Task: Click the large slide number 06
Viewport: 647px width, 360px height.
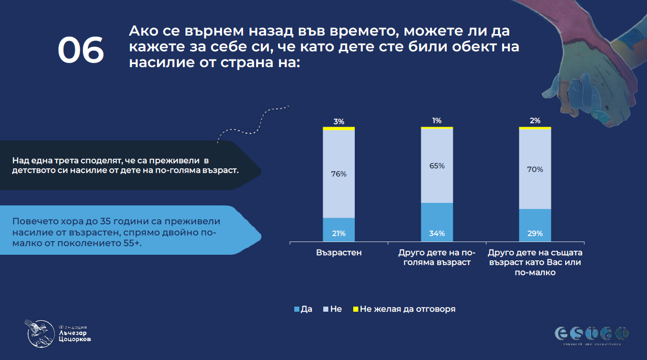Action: click(80, 50)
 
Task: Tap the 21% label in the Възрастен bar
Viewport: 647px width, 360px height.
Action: click(339, 233)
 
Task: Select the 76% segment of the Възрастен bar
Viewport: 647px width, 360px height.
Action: click(339, 174)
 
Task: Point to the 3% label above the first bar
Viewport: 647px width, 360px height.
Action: click(339, 122)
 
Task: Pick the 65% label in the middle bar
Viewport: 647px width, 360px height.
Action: click(437, 166)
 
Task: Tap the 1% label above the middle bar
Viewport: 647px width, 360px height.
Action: click(437, 121)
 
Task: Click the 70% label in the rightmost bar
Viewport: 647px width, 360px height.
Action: click(535, 169)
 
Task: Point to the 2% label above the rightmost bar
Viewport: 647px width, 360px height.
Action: click(535, 121)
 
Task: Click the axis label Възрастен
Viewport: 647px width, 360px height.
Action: click(338, 252)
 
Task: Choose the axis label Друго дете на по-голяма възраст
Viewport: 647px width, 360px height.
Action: click(437, 257)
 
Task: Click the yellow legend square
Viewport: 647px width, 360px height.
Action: click(356, 309)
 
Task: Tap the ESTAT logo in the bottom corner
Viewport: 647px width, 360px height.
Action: click(591, 334)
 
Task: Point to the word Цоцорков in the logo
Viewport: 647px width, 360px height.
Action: click(76, 339)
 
